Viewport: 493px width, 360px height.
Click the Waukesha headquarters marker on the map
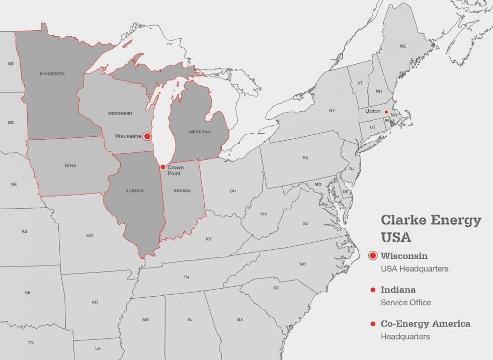pyautogui.click(x=147, y=136)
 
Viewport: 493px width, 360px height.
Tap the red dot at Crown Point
pyautogui.click(x=162, y=167)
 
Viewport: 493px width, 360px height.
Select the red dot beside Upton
pyautogui.click(x=386, y=112)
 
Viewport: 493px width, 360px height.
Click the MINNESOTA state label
pyautogui.click(x=52, y=74)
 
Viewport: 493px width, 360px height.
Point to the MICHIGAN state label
pyautogui.click(x=200, y=132)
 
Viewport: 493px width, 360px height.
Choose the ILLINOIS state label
pyautogui.click(x=134, y=191)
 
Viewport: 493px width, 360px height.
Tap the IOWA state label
pyautogui.click(x=70, y=165)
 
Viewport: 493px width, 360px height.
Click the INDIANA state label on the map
pyautogui.click(x=182, y=191)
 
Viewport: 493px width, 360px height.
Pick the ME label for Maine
pyautogui.click(x=402, y=46)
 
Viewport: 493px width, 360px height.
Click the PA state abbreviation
pyautogui.click(x=305, y=158)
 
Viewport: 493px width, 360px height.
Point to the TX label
pyautogui.click(x=31, y=342)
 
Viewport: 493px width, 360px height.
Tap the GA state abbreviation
pyautogui.click(x=240, y=319)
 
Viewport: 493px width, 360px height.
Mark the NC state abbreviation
pyautogui.click(x=302, y=264)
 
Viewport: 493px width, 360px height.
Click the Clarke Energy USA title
pyautogui.click(x=431, y=228)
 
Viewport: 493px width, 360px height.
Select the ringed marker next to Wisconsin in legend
pyautogui.click(x=373, y=255)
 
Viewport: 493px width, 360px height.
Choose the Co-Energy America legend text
pyautogui.click(x=425, y=324)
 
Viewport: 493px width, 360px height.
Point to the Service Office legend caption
pyautogui.click(x=405, y=302)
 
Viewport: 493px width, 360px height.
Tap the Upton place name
pyautogui.click(x=373, y=111)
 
